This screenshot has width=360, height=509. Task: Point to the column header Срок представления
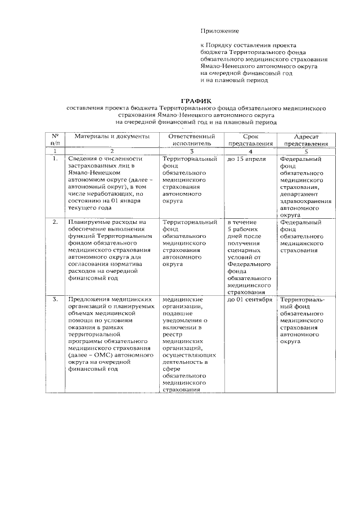point(250,139)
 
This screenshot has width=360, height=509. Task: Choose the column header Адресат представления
point(306,140)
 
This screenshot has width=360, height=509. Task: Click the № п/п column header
point(55,139)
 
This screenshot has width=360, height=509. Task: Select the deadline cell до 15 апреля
point(246,159)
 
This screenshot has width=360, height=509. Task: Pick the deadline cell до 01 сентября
point(250,300)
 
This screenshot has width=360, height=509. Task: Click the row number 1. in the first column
point(55,159)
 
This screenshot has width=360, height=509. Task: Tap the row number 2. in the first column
point(55,222)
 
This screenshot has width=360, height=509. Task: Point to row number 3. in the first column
point(55,300)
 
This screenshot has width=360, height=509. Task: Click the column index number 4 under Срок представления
point(250,151)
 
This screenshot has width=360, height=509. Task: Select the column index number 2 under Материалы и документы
point(111,151)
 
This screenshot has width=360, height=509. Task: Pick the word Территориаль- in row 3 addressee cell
point(303,300)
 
